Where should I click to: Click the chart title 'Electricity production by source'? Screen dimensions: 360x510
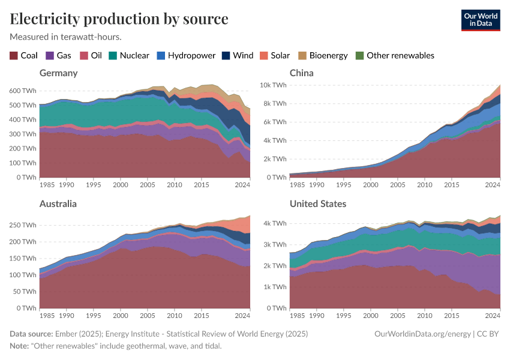tap(119, 19)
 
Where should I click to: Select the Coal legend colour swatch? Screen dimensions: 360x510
tap(14, 56)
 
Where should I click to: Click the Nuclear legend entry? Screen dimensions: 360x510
tap(128, 56)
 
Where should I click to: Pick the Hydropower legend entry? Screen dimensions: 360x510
tap(186, 56)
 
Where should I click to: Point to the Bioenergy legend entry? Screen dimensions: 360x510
tap(323, 56)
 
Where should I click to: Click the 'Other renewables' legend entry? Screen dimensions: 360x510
tap(394, 56)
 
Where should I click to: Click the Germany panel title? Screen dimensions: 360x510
tap(58, 73)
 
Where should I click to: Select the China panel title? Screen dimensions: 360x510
tap(302, 73)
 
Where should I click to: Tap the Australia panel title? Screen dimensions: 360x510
tap(58, 204)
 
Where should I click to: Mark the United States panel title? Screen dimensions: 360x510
tap(318, 204)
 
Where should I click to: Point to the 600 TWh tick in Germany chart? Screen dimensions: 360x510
tap(23, 91)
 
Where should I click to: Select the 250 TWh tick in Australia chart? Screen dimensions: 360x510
tap(23, 225)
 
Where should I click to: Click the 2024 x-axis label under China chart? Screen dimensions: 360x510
tap(492, 184)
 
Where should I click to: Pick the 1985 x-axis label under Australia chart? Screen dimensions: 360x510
tap(47, 315)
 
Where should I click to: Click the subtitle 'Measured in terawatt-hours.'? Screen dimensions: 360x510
tap(65, 37)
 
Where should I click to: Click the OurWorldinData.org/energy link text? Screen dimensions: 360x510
tap(421, 334)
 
